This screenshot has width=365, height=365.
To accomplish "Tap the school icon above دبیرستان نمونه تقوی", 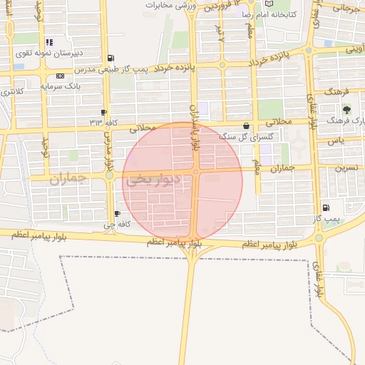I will tap(48, 43).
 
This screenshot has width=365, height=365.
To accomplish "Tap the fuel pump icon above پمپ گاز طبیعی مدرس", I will tap(109, 58).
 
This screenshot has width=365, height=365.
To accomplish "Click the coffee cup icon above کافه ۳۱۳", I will tap(105, 113).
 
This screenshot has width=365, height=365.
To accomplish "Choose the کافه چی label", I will tap(116, 225).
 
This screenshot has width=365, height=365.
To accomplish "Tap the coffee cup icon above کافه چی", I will tap(118, 213).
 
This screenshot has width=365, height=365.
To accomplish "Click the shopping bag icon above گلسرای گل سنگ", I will tap(247, 125).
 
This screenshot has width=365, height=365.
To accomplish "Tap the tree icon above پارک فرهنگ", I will tap(346, 110).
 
